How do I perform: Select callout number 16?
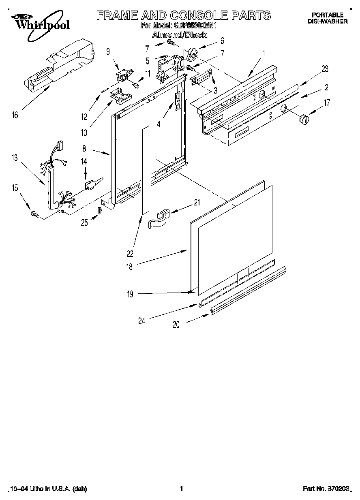point(15,115)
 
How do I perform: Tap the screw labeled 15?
point(34,214)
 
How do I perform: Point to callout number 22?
point(130,254)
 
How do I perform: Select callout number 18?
point(129,267)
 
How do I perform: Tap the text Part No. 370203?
point(326,489)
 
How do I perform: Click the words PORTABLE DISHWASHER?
point(327,18)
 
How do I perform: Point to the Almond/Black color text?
point(179,35)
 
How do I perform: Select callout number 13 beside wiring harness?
point(15,158)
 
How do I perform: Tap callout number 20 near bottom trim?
point(176,325)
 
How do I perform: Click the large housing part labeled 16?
point(61,65)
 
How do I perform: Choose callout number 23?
point(324,69)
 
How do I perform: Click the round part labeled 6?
point(192,53)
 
